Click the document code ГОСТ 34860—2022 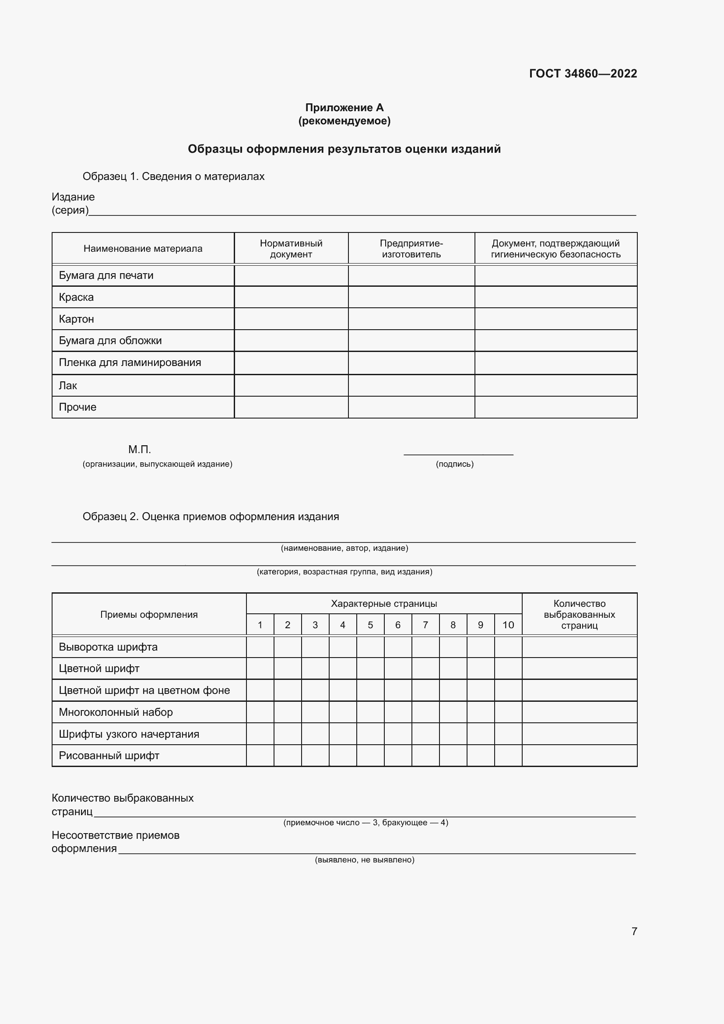583,74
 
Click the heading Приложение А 344,108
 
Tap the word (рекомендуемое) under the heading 344,121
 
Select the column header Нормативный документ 291,248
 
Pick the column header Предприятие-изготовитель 411,248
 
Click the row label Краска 76,297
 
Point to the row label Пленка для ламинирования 130,362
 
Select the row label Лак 68,385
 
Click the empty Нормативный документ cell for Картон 291,319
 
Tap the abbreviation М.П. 140,450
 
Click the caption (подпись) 454,464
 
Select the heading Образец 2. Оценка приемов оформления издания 211,517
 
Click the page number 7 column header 425,625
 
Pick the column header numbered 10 508,625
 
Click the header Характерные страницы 384,603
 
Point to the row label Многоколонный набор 116,712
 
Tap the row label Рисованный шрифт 109,756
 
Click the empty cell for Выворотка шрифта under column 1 260,647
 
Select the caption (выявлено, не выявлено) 364,859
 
